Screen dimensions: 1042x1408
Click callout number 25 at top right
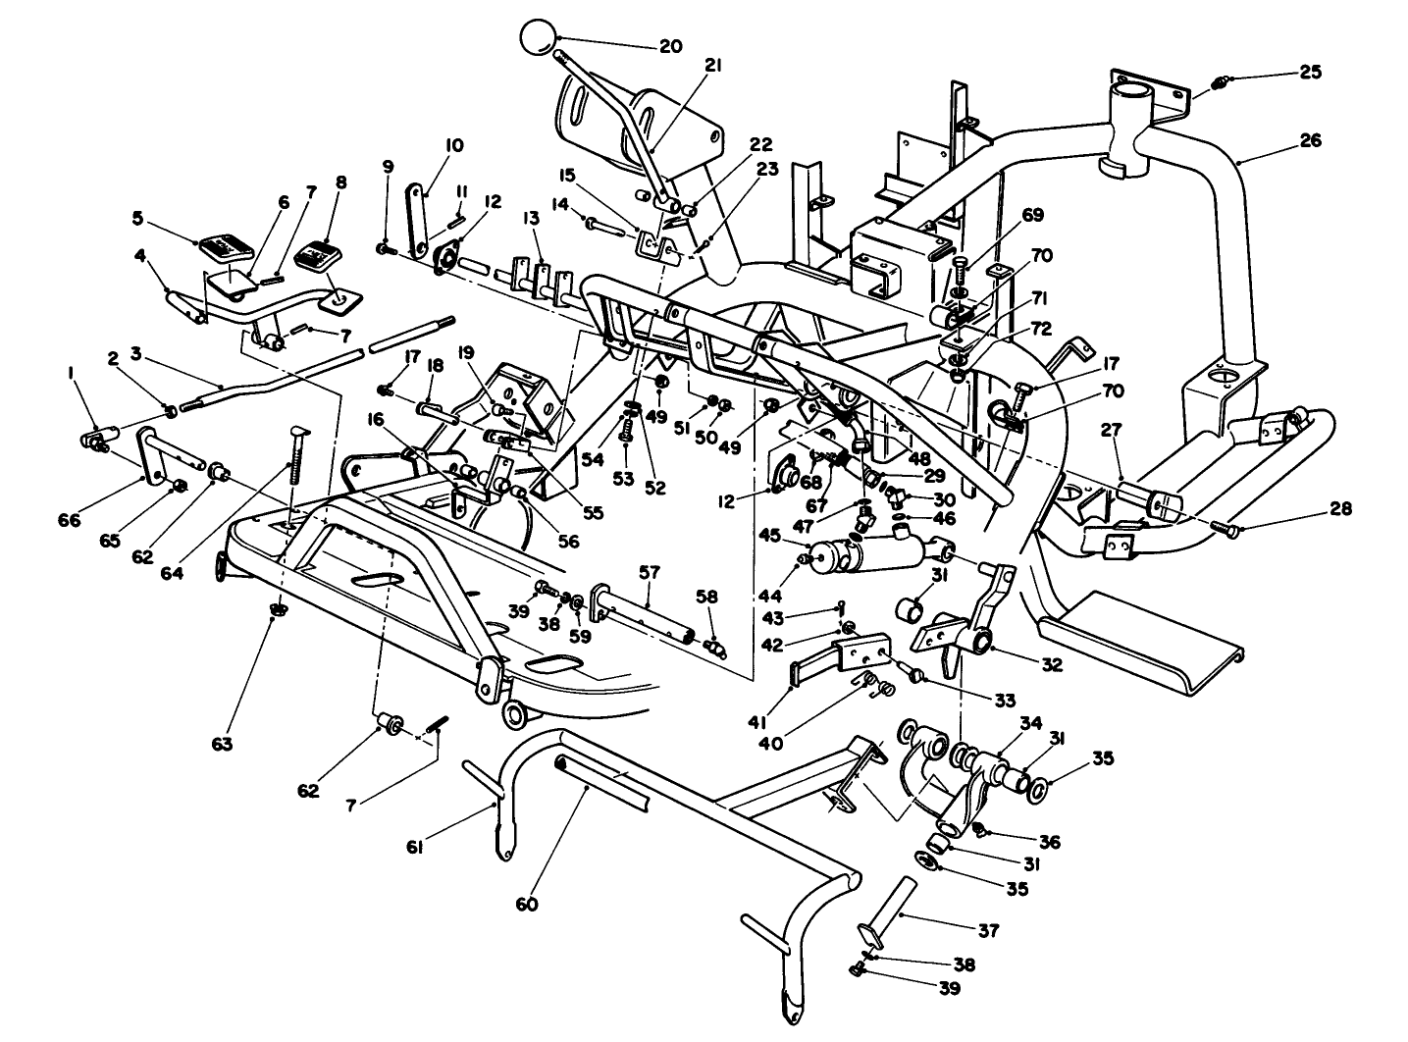click(x=1310, y=72)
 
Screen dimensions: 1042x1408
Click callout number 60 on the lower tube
click(x=527, y=904)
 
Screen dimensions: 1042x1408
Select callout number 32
click(x=1051, y=664)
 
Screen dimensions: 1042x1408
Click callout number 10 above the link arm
click(x=453, y=145)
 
